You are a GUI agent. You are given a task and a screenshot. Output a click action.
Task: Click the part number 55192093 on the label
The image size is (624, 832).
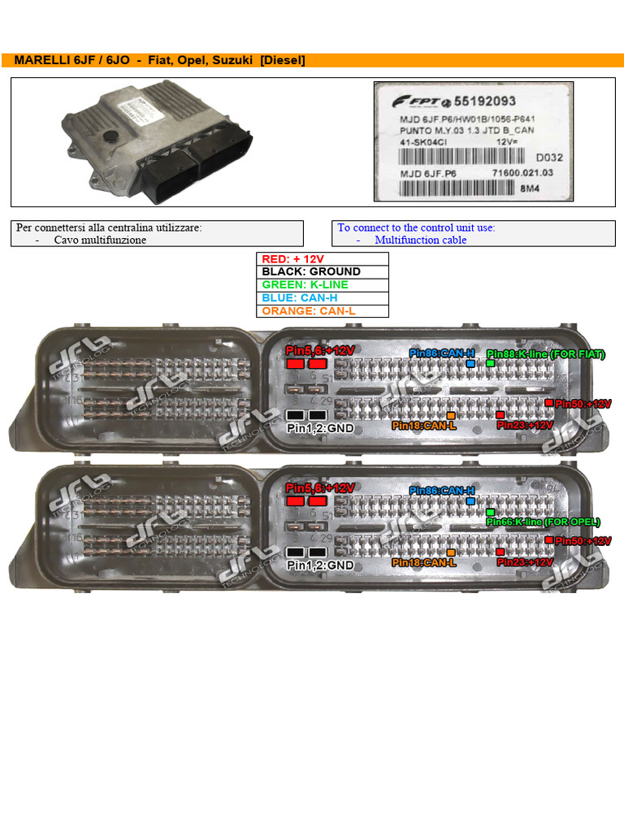(484, 102)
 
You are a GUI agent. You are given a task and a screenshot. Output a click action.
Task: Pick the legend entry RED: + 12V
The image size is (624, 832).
(293, 259)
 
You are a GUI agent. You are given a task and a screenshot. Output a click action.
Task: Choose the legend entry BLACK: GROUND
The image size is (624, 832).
(311, 272)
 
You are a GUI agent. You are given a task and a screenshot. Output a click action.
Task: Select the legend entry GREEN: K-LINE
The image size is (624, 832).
(305, 285)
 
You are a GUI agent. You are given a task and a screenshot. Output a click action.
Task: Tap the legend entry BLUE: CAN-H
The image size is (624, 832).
(299, 298)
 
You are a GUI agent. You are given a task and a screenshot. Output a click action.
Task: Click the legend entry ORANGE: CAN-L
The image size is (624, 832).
(309, 311)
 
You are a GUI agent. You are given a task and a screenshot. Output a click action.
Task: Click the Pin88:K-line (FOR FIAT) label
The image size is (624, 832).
(546, 354)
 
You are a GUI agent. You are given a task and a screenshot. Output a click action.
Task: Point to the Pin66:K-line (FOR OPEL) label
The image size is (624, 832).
(543, 522)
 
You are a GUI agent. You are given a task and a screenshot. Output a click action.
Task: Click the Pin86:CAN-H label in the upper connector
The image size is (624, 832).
(441, 353)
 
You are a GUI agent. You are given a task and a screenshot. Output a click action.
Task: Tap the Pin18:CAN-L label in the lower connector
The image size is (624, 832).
(423, 562)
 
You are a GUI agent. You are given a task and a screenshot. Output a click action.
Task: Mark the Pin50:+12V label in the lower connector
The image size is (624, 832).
(583, 541)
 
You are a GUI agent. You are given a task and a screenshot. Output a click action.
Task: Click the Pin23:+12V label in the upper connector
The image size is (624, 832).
(524, 425)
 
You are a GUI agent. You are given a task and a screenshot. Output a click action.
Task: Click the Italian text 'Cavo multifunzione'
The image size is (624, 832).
(100, 240)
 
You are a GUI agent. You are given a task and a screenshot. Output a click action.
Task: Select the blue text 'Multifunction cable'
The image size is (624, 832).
(421, 240)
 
